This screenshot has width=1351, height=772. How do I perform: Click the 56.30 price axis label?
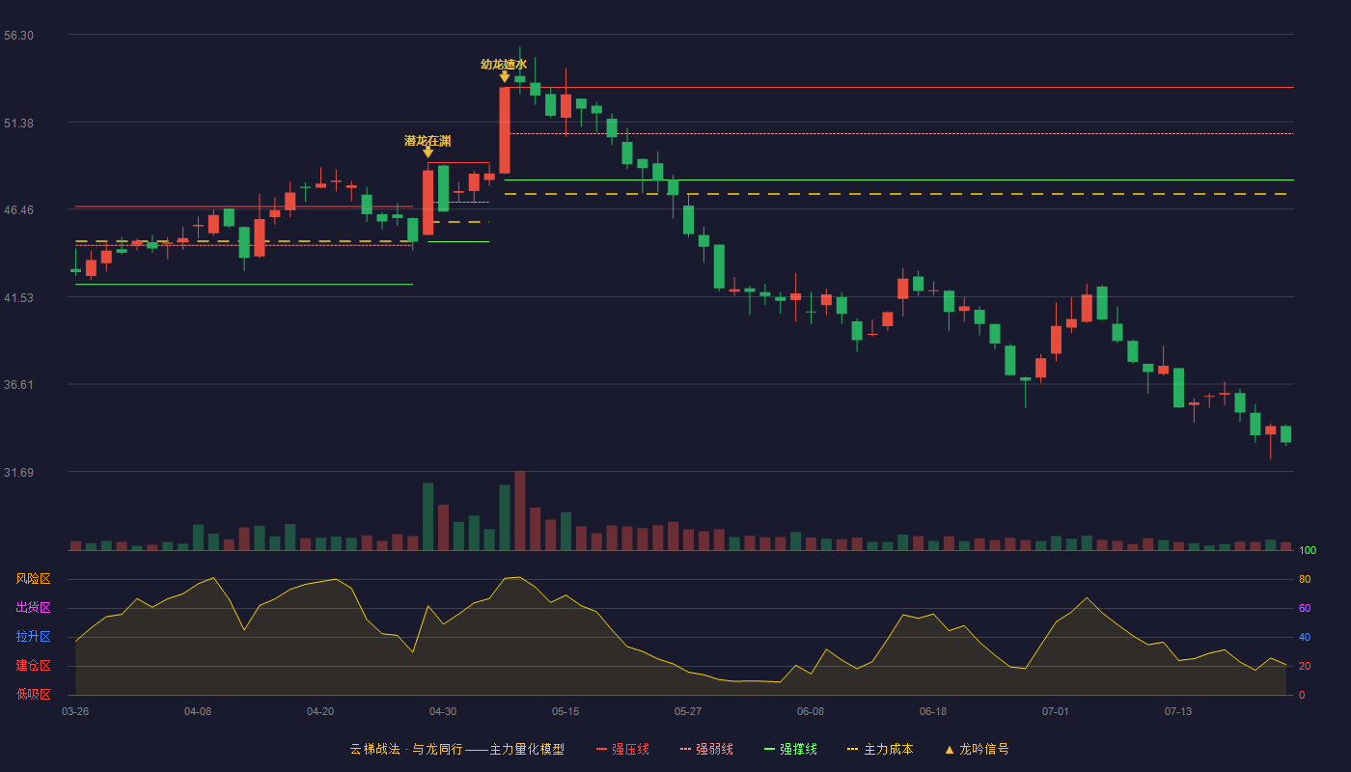(x=18, y=36)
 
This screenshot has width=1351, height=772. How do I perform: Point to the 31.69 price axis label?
(x=18, y=472)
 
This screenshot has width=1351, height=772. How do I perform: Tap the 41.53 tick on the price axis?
(x=18, y=298)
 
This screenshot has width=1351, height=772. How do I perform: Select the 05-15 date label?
(x=565, y=712)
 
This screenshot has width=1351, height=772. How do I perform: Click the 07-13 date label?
(x=1178, y=712)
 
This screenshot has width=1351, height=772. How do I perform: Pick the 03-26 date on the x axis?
(x=75, y=712)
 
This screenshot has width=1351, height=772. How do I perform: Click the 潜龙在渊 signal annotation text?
(x=427, y=141)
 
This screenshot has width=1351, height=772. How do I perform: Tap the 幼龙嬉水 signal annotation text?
(x=504, y=65)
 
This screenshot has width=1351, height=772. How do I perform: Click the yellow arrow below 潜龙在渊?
(x=427, y=152)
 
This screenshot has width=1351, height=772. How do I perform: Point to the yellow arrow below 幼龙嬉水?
(x=505, y=77)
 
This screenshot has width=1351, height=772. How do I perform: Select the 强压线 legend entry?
(x=622, y=749)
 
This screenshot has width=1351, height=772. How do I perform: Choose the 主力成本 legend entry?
(x=880, y=749)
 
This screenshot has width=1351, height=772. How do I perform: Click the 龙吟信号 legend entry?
(x=977, y=749)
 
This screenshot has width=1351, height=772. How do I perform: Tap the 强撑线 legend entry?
(x=790, y=749)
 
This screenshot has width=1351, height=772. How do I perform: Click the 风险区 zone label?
(x=33, y=579)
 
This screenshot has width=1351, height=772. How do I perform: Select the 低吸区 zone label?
(x=33, y=695)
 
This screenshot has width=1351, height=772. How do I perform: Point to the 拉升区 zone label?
(x=33, y=637)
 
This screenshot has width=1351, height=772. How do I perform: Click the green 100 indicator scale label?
(x=1308, y=550)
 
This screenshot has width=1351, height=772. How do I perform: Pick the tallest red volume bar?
(x=520, y=510)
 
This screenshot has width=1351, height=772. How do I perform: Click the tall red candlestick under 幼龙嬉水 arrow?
(x=505, y=130)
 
